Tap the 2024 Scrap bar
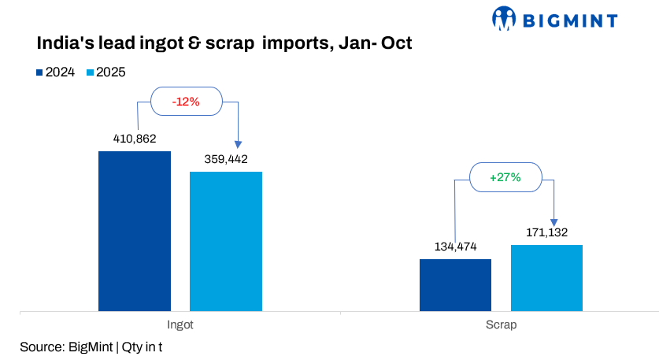[x=455, y=284]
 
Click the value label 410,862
[x=134, y=139]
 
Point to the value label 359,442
[x=226, y=159]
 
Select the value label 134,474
[x=455, y=247]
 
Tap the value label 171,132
[x=546, y=232]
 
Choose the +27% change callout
[x=505, y=177]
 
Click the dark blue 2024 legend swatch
[x=39, y=72]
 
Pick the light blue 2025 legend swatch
[x=91, y=72]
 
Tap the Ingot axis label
[x=180, y=324]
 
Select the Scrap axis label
[x=501, y=324]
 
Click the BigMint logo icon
[x=503, y=18]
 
